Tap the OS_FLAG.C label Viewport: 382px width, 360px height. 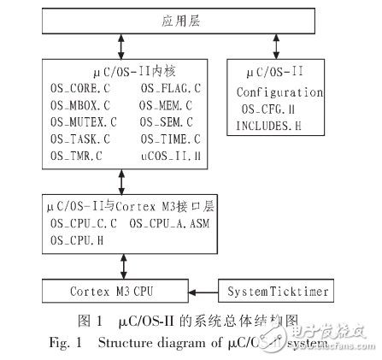click(x=172, y=87)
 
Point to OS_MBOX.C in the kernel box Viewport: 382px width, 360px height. click(x=79, y=104)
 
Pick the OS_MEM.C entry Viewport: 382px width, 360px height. click(x=167, y=104)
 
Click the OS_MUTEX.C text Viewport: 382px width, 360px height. click(x=82, y=121)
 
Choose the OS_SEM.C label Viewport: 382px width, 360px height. click(x=167, y=121)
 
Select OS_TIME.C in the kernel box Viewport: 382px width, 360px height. click(x=171, y=138)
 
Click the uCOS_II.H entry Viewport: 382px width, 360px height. click(x=171, y=155)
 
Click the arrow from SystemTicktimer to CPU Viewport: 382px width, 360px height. click(x=203, y=292)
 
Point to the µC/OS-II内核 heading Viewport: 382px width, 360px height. click(x=125, y=70)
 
